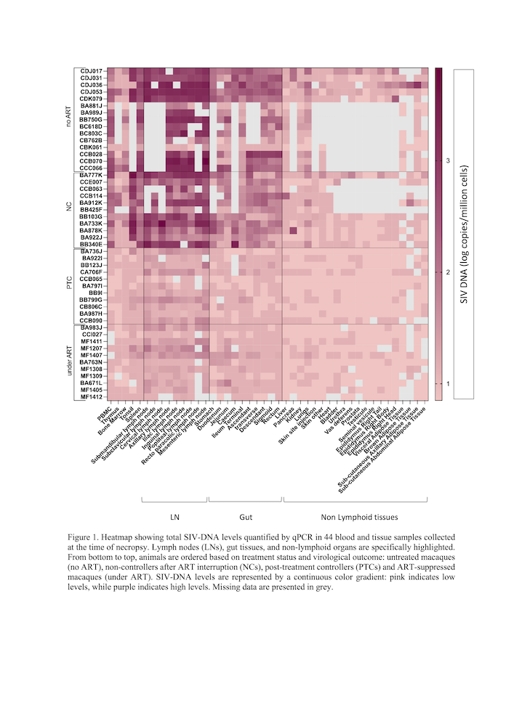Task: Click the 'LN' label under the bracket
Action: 174,518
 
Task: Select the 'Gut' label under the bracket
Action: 246,518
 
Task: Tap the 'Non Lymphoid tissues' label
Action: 359,518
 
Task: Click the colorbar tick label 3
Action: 447,160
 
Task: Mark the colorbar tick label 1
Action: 447,383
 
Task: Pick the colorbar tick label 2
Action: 447,272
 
